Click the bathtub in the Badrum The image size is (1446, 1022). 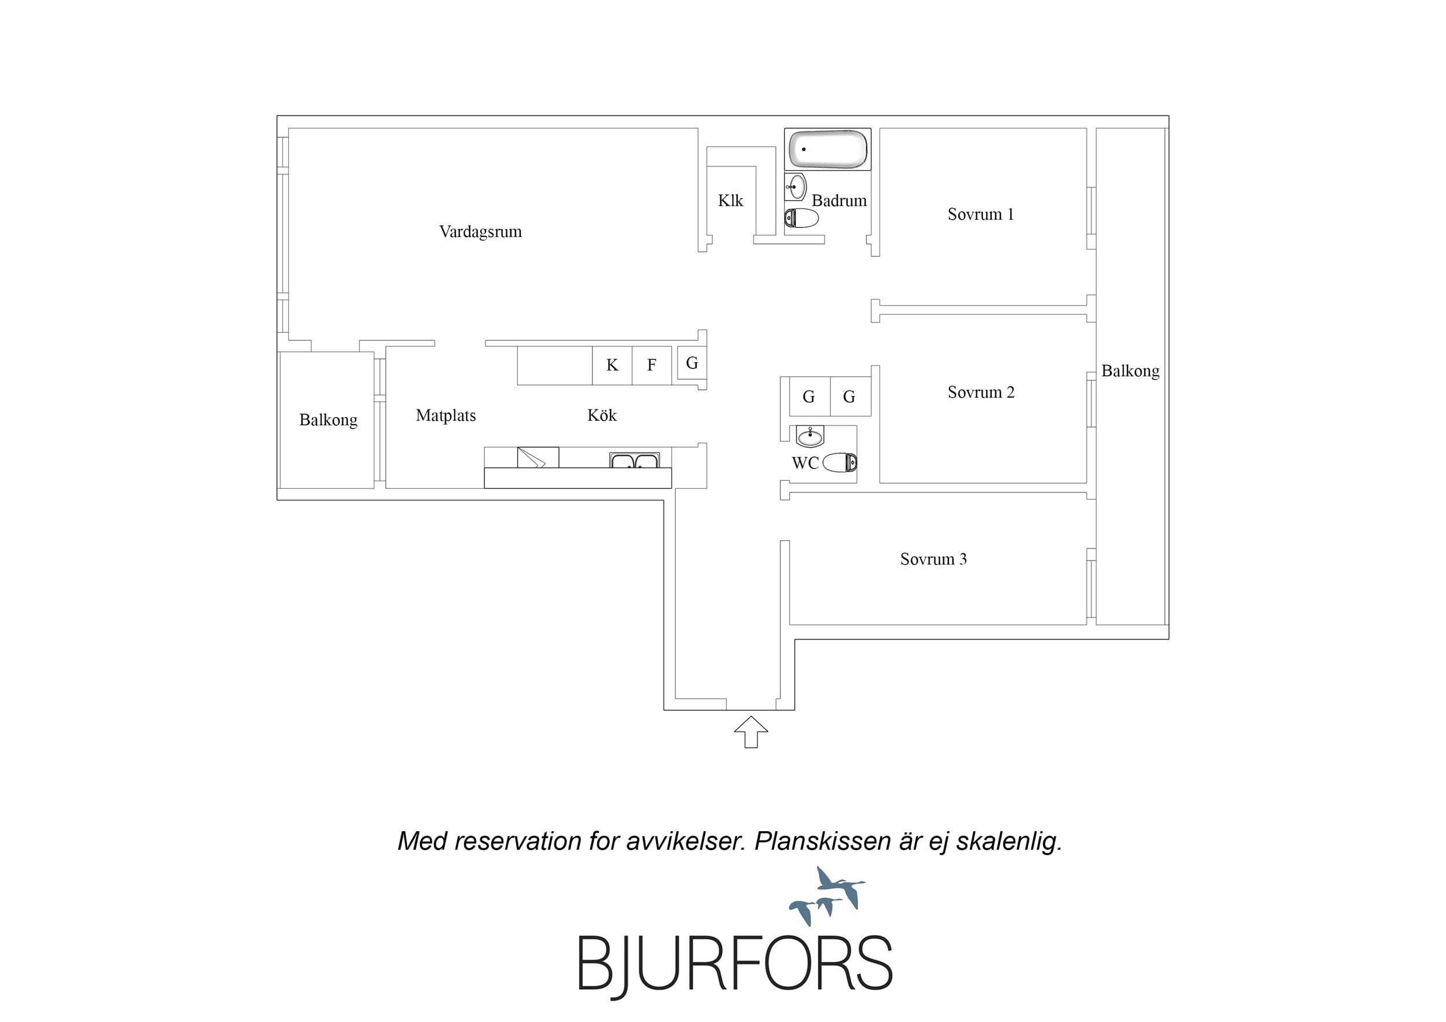(828, 149)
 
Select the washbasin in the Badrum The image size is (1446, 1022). (796, 186)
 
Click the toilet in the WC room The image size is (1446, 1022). (840, 462)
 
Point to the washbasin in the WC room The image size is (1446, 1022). (810, 436)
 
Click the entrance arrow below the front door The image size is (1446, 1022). (750, 732)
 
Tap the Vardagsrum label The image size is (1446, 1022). (480, 232)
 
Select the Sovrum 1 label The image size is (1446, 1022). (981, 214)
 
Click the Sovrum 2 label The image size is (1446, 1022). (981, 392)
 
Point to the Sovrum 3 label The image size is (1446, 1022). (933, 559)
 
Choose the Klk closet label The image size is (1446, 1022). (731, 200)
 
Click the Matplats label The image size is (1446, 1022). (446, 416)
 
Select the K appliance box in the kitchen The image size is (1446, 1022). (612, 365)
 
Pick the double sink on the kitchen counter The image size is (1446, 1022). (634, 460)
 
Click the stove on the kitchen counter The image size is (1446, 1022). (538, 458)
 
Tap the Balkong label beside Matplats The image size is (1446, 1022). (328, 420)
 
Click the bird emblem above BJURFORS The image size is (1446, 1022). (827, 896)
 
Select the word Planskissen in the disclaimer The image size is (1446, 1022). (822, 842)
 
